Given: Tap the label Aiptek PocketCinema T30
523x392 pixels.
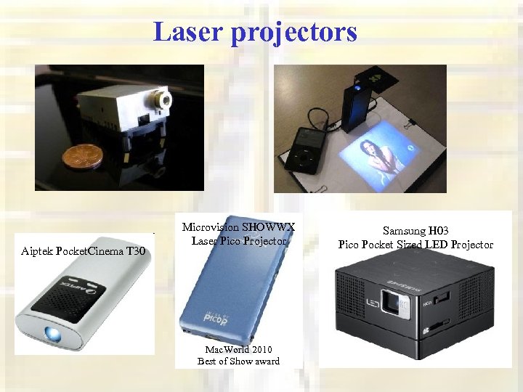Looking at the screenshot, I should point(84,251).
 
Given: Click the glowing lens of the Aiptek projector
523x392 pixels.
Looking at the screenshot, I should point(54,334).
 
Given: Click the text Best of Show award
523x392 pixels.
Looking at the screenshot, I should point(238,361).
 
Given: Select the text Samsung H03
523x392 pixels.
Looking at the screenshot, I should point(415,230).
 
